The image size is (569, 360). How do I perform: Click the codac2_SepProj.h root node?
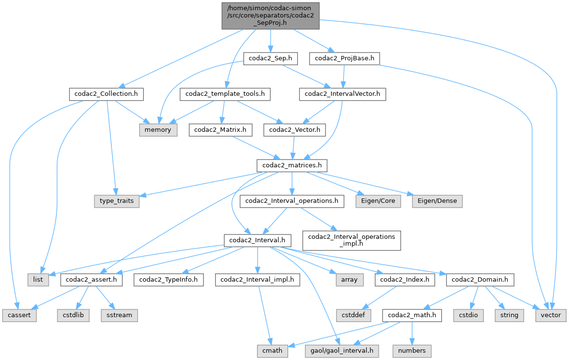pyautogui.click(x=271, y=15)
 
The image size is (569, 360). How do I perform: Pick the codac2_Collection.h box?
pyautogui.click(x=106, y=94)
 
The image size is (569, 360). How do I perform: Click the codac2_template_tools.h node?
pyautogui.click(x=225, y=94)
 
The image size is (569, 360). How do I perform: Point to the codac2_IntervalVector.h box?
pyautogui.click(x=342, y=94)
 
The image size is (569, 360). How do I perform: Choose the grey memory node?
pyautogui.click(x=159, y=130)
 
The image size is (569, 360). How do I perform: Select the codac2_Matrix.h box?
pyautogui.click(x=222, y=130)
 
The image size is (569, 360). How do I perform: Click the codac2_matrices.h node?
pyautogui.click(x=292, y=165)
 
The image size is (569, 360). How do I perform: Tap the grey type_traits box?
pyautogui.click(x=117, y=201)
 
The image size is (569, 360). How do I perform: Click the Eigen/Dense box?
pyautogui.click(x=437, y=201)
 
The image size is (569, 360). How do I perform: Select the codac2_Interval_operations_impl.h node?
pyautogui.click(x=351, y=240)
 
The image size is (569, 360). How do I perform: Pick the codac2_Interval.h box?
pyautogui.click(x=257, y=240)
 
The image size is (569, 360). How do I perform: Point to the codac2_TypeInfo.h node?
pyautogui.click(x=169, y=280)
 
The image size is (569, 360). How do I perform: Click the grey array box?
pyautogui.click(x=349, y=280)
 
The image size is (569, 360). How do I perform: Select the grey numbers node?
pyautogui.click(x=412, y=351)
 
